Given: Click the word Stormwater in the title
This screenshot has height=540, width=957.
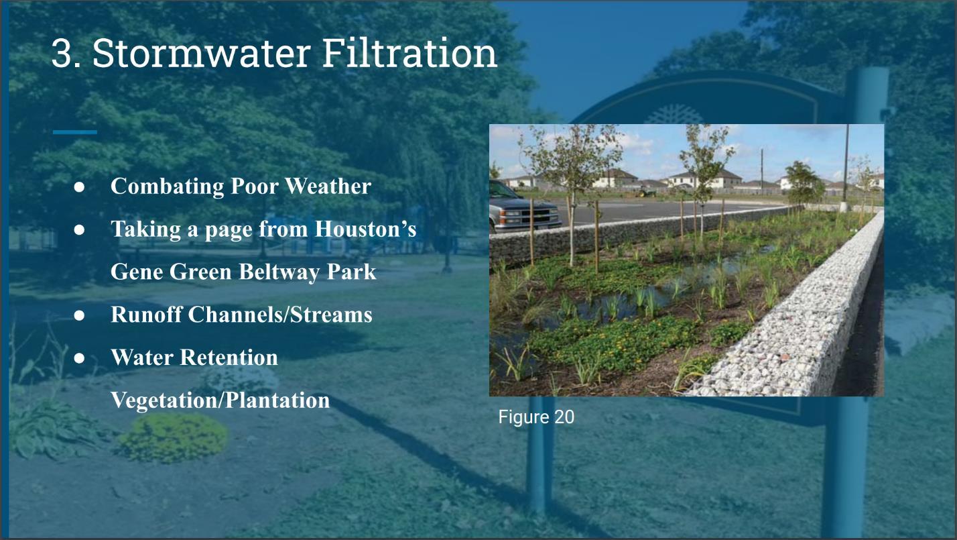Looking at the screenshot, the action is point(201,53).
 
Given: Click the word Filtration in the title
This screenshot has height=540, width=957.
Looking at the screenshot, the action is point(409,53).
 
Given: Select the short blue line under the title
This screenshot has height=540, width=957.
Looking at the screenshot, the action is point(75,132).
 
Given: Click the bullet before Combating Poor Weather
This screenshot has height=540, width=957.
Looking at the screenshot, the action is point(79,187).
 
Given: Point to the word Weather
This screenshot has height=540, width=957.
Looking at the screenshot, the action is point(328,186).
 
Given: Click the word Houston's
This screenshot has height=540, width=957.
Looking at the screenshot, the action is point(365,229).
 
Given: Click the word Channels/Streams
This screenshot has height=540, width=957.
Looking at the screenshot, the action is point(280,314).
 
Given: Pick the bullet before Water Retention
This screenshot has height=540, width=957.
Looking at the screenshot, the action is point(79,358).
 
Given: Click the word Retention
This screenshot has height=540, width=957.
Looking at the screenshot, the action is point(229,358).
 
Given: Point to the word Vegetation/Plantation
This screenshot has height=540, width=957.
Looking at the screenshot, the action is point(220,400).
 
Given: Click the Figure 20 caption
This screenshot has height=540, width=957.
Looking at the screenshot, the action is point(536,417).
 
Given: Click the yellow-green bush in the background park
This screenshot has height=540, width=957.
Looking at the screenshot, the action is point(173,438).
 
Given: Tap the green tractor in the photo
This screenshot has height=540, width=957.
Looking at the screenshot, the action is point(645,193).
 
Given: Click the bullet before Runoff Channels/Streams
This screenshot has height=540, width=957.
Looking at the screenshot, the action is point(79,315).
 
